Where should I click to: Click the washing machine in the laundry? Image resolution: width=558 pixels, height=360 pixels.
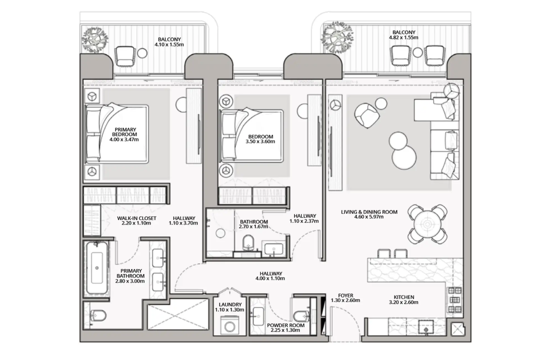(x=230, y=326)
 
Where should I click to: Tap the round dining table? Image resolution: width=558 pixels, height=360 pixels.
(x=428, y=225)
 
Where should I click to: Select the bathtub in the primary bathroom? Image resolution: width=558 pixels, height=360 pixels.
(x=97, y=268)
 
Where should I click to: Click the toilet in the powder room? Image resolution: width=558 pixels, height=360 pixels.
(x=301, y=316)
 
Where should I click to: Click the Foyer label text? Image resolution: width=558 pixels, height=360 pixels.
(x=345, y=296)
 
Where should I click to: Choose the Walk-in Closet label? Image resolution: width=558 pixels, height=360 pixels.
(x=137, y=218)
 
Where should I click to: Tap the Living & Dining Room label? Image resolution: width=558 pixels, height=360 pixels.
(x=369, y=212)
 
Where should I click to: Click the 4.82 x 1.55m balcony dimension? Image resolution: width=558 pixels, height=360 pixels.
(x=403, y=38)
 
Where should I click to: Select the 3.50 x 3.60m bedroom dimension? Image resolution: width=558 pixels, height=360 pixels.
(x=260, y=141)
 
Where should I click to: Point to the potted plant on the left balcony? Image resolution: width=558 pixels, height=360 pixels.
(x=95, y=40)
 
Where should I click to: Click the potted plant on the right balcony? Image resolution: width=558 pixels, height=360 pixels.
(x=337, y=37)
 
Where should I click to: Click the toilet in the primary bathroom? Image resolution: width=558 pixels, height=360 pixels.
(x=98, y=315)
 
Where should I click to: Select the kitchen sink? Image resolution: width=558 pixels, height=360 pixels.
(x=426, y=327)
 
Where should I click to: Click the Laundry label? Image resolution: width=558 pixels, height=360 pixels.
(x=230, y=304)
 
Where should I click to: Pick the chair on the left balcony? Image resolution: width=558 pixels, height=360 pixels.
(x=125, y=57)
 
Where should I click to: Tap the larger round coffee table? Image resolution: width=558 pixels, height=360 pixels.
(x=404, y=158)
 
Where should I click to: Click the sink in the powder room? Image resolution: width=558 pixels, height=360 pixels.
(x=258, y=316)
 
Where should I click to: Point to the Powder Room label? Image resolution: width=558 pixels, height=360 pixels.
(x=285, y=325)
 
